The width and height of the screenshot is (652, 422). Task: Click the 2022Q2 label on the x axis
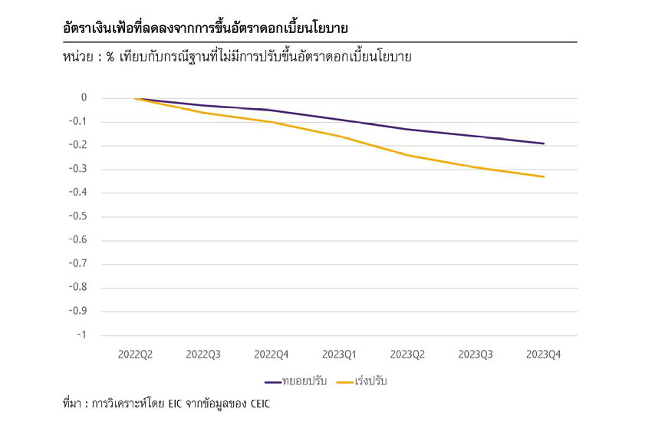(135, 354)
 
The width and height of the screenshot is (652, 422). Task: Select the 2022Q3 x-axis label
(203, 354)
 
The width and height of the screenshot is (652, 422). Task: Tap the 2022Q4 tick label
(272, 354)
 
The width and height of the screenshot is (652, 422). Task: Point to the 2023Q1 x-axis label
(340, 354)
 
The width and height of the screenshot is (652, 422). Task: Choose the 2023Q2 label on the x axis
(408, 354)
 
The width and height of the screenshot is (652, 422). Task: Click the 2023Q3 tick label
(476, 354)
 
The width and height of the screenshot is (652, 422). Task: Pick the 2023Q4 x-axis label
(544, 354)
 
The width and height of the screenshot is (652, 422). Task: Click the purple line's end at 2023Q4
(544, 143)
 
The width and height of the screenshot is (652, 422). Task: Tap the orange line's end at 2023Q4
(544, 176)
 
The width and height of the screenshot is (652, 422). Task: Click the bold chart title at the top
(206, 28)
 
